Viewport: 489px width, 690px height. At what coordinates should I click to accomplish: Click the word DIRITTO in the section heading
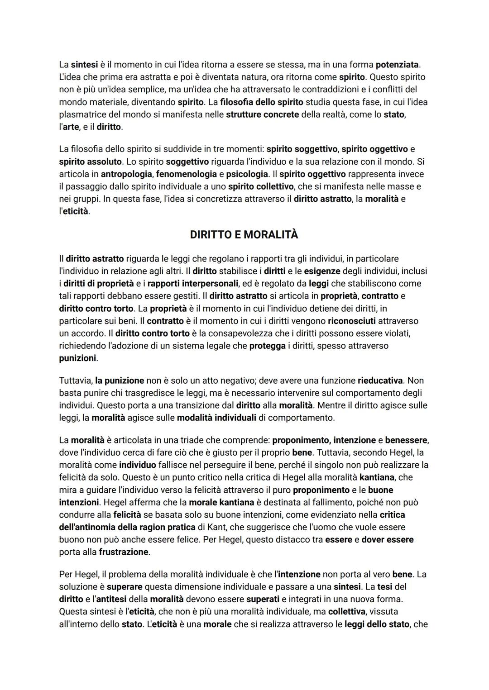[x=211, y=235]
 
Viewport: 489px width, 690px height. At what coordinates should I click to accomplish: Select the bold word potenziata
[x=397, y=65]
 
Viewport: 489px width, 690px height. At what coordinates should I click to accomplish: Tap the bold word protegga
[x=267, y=346]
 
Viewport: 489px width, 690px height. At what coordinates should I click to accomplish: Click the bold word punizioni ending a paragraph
[x=77, y=358]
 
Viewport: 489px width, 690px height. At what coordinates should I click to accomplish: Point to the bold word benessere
[x=406, y=440]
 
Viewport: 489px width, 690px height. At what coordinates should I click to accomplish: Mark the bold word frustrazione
[x=124, y=552]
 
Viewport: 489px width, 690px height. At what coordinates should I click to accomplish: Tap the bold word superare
[x=125, y=587]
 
